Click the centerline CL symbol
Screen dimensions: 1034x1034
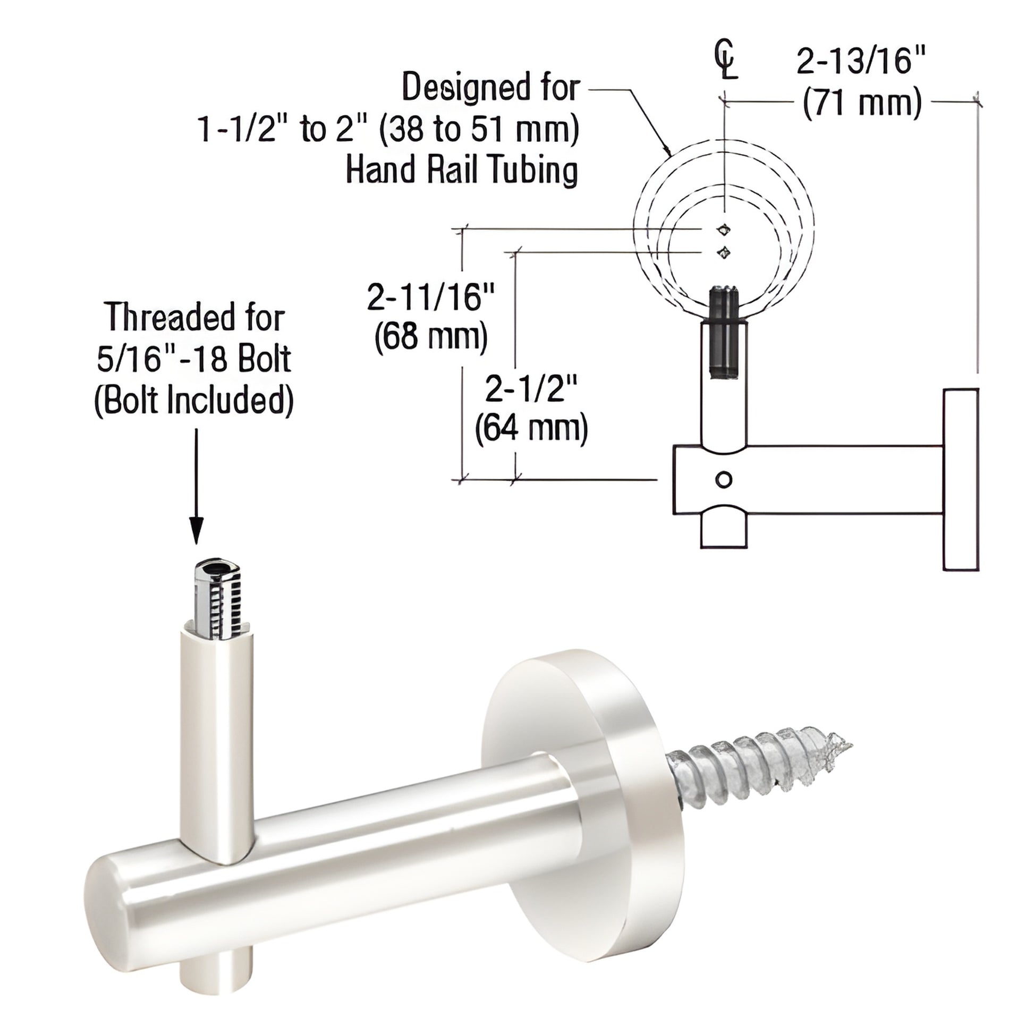point(726,61)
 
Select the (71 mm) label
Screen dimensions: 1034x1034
point(862,102)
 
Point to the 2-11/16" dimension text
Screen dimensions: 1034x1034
point(431,297)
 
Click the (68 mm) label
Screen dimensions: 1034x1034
point(431,337)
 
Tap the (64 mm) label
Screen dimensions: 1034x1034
point(531,428)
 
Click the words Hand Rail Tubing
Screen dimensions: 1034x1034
point(461,170)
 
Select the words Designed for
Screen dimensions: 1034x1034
point(491,88)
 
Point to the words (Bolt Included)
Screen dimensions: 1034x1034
point(194,400)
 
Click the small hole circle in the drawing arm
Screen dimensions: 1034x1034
point(724,479)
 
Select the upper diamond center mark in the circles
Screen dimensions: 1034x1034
point(724,230)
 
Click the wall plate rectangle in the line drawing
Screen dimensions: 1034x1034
point(961,479)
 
